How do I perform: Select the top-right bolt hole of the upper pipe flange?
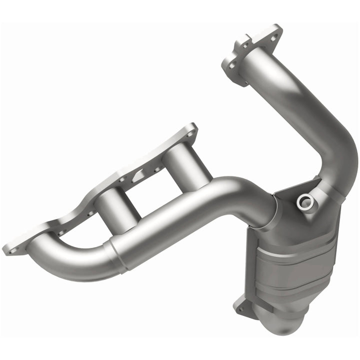pyautogui.click(x=274, y=29)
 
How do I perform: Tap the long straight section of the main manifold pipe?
pyautogui.click(x=190, y=215)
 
